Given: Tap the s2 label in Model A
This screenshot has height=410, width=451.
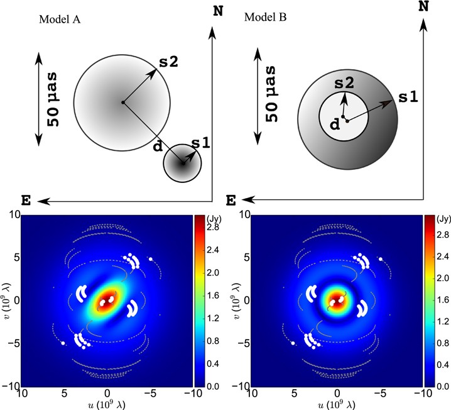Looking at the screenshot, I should pos(168,62).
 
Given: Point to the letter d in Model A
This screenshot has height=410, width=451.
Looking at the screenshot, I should pos(157,148).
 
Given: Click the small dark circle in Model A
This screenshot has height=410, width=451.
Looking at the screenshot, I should pos(182,163).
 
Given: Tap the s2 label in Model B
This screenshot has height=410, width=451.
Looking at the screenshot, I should pos(344,82).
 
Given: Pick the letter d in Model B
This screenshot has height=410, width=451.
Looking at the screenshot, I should pos(334,125).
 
